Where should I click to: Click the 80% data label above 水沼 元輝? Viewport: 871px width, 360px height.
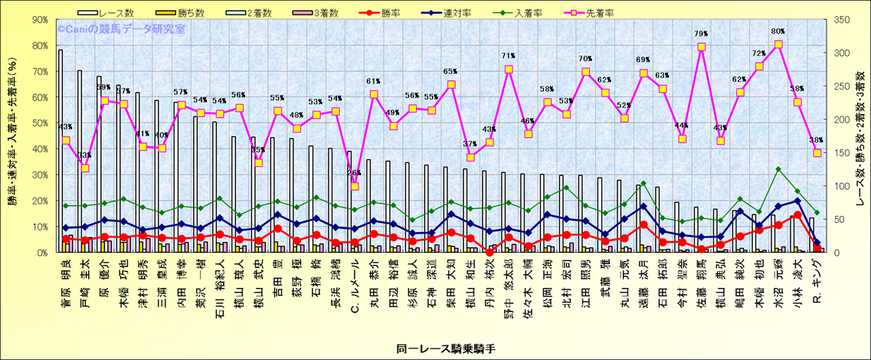click(x=778, y=31)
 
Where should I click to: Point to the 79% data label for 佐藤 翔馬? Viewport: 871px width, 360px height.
click(x=700, y=34)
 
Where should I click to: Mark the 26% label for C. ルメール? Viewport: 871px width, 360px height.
click(x=354, y=173)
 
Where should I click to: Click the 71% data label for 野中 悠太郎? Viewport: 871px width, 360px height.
click(x=508, y=56)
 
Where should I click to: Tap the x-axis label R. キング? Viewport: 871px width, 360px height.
click(x=817, y=279)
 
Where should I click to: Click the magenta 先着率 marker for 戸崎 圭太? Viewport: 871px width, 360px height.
click(x=85, y=168)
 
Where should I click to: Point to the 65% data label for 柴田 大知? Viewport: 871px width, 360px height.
click(x=450, y=71)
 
